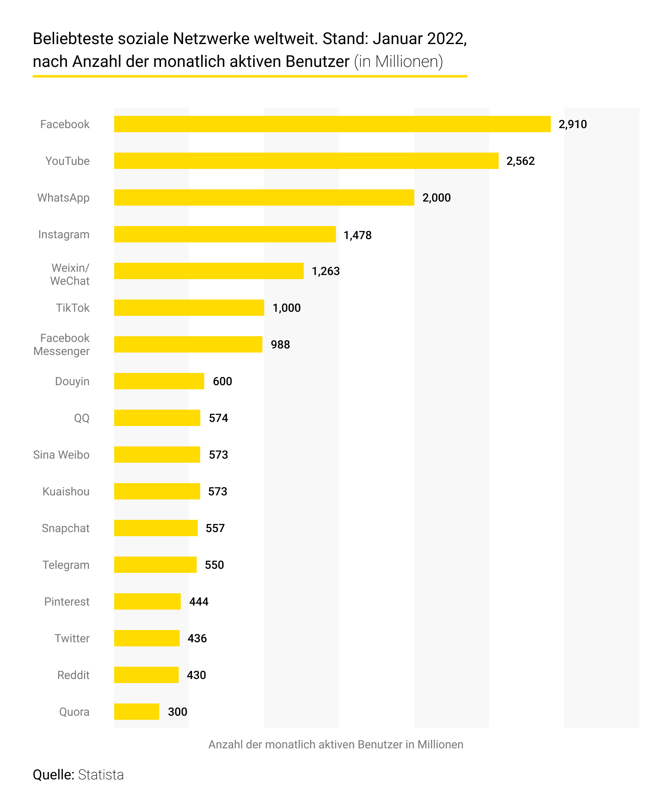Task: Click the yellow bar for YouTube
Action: click(x=306, y=161)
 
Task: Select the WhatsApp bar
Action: click(x=264, y=197)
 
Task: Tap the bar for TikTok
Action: click(x=189, y=308)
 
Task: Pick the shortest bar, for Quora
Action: click(x=136, y=712)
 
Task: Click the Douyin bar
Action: click(x=159, y=381)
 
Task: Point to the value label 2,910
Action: click(x=573, y=124)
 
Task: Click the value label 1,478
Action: click(x=358, y=235)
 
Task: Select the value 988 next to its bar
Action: click(x=280, y=345)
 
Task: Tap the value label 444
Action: click(x=199, y=602)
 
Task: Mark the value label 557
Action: click(x=215, y=528)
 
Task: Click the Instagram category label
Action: click(x=64, y=235)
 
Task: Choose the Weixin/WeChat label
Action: click(x=70, y=274)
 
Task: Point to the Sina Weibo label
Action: click(x=61, y=455)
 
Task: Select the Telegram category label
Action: click(x=66, y=565)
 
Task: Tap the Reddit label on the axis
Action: click(x=73, y=675)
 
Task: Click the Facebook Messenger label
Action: click(x=62, y=344)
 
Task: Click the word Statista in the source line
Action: click(x=101, y=775)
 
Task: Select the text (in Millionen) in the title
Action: click(x=398, y=62)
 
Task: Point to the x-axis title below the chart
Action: click(x=336, y=745)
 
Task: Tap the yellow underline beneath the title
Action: click(x=250, y=76)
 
